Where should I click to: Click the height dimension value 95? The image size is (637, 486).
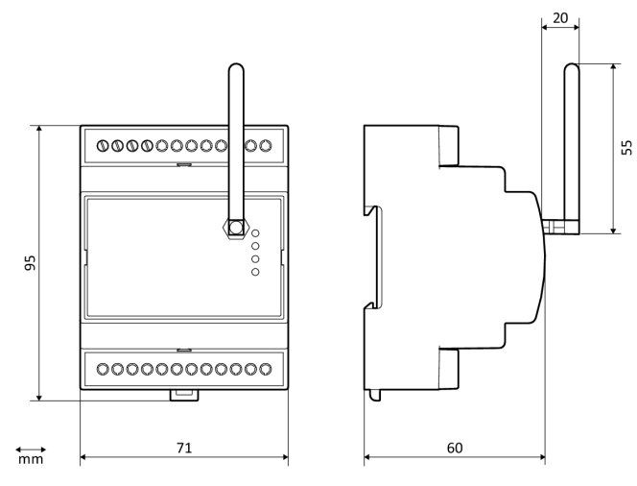[x=30, y=262]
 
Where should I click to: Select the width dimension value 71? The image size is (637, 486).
[x=184, y=448]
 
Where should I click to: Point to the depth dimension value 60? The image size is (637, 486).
[x=455, y=448]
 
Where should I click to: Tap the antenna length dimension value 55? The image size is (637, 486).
[x=626, y=148]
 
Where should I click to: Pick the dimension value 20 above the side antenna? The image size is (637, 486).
[x=561, y=17]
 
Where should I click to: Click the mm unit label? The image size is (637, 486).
[x=31, y=460]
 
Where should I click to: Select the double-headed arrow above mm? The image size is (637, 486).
[x=31, y=448]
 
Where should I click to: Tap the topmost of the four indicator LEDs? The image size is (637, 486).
[x=256, y=232]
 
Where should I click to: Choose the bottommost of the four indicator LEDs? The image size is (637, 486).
[x=256, y=272]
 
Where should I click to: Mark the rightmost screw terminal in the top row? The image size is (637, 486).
[x=266, y=147]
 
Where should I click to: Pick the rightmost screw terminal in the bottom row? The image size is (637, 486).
[x=266, y=368]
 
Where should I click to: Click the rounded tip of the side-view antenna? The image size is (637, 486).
[x=572, y=68]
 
